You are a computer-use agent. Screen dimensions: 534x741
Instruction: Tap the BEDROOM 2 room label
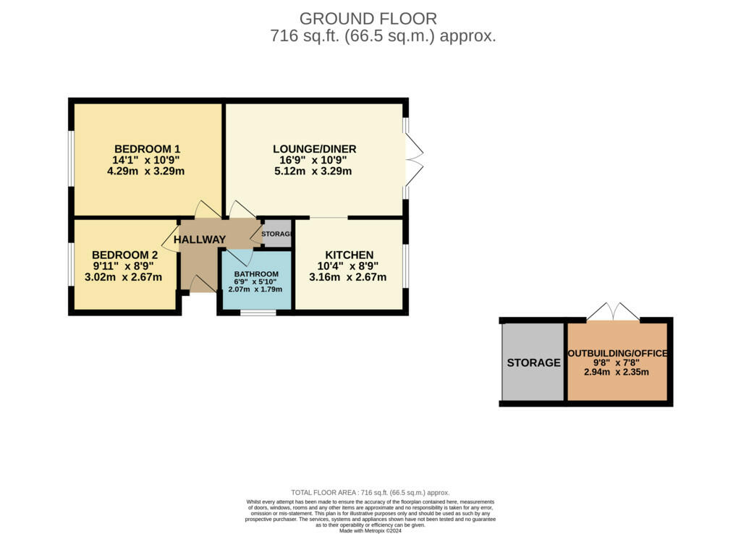click(x=124, y=255)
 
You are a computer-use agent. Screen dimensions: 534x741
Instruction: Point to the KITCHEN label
click(x=349, y=255)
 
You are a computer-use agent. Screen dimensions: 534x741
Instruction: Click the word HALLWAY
click(x=200, y=240)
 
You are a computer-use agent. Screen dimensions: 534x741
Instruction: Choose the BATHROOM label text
click(x=256, y=274)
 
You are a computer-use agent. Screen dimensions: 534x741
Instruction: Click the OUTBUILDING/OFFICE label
click(x=617, y=353)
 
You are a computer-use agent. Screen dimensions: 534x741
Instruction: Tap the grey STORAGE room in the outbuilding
click(x=533, y=363)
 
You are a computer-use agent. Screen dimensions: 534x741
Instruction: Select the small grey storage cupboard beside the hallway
click(x=276, y=234)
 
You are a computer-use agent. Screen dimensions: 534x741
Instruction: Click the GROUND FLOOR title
click(x=368, y=19)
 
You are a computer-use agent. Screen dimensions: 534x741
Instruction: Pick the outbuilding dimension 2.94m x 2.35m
click(x=617, y=373)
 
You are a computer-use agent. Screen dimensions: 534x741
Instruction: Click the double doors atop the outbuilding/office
click(x=613, y=312)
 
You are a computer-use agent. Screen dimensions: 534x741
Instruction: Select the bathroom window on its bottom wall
click(x=258, y=313)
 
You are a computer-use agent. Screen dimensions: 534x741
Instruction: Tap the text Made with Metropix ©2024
click(x=370, y=530)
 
